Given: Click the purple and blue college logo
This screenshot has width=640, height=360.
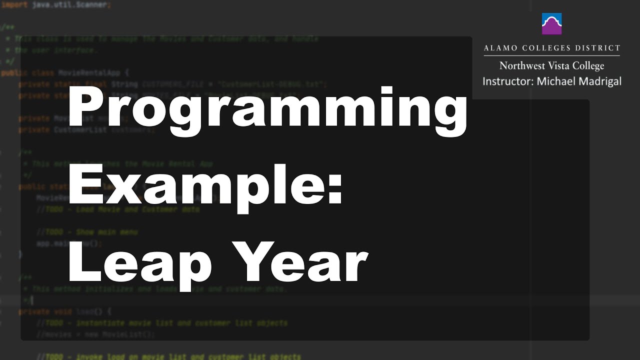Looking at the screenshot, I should coord(551,23).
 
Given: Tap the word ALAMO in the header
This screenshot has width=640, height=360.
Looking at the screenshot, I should coord(500,48).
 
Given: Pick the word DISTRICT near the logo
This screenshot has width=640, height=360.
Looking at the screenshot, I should coord(598,48).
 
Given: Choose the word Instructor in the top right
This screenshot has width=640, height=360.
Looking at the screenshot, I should coord(506,81).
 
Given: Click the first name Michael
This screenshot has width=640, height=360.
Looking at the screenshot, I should coord(555,81).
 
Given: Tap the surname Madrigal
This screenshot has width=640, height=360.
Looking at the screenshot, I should coord(599,81).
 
